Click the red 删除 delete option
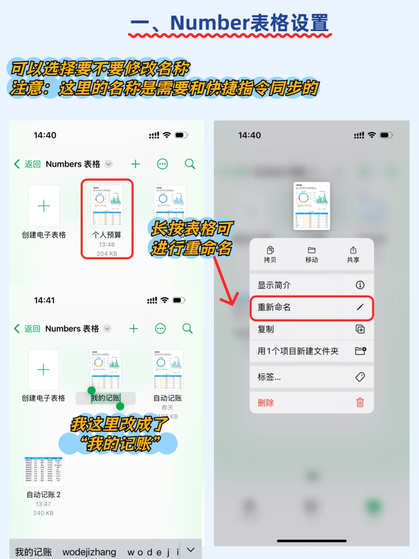pyautogui.click(x=266, y=403)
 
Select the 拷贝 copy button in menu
pyautogui.click(x=270, y=254)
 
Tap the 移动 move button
pyautogui.click(x=312, y=254)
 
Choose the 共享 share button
pyautogui.click(x=353, y=254)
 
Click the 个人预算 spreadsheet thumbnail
pyautogui.click(x=107, y=205)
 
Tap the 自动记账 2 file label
pyautogui.click(x=43, y=495)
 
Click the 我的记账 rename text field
pyautogui.click(x=106, y=398)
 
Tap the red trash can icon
pyautogui.click(x=360, y=403)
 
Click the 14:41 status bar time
pyautogui.click(x=44, y=300)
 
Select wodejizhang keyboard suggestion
pyautogui.click(x=89, y=552)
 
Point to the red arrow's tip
pyautogui.click(x=233, y=305)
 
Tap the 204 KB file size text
pyautogui.click(x=107, y=253)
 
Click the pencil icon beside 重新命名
pyautogui.click(x=360, y=307)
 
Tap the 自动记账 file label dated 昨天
pyautogui.click(x=168, y=398)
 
